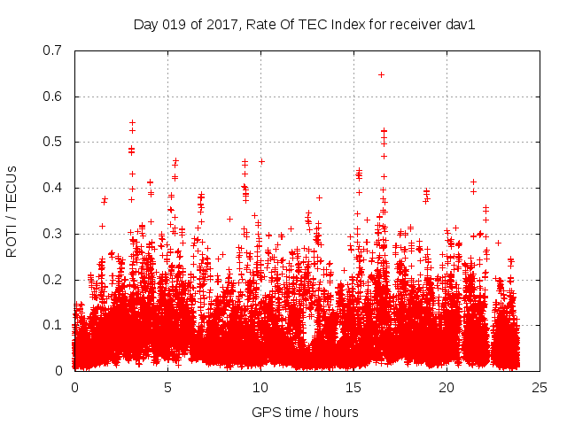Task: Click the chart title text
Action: pyautogui.click(x=305, y=25)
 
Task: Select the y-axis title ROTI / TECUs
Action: pyautogui.click(x=12, y=210)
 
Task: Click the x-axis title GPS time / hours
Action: pyautogui.click(x=305, y=412)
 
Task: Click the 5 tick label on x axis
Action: pyautogui.click(x=167, y=387)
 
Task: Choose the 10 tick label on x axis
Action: pyautogui.click(x=260, y=387)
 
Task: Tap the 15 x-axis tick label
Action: pyautogui.click(x=353, y=387)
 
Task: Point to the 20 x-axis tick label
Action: pyautogui.click(x=447, y=387)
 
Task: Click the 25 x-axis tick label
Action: pyautogui.click(x=540, y=387)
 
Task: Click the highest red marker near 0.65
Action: pyautogui.click(x=381, y=74)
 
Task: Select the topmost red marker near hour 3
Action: pyautogui.click(x=132, y=122)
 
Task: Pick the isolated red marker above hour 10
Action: pyautogui.click(x=261, y=161)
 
